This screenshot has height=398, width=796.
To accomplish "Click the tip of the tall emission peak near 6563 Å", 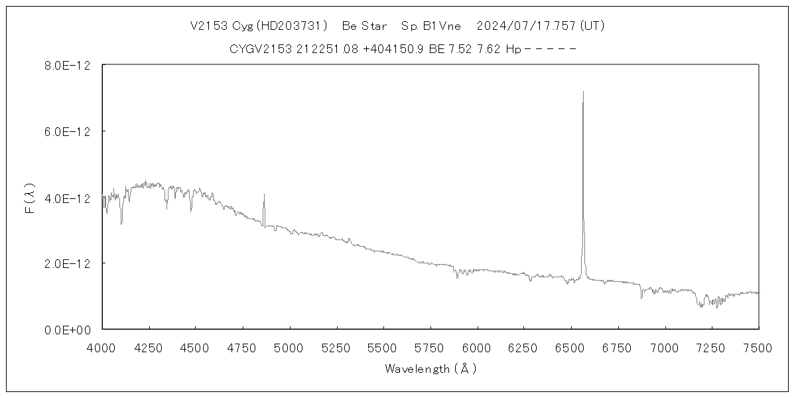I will click(x=583, y=92).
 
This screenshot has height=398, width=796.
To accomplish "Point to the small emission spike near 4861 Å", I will click(x=264, y=195).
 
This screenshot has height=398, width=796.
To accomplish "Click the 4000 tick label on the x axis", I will click(x=101, y=348).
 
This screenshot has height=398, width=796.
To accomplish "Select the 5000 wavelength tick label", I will click(x=289, y=348).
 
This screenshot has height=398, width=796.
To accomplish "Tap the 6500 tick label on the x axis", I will click(x=570, y=348).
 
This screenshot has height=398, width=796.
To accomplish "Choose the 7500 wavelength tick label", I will click(x=758, y=348).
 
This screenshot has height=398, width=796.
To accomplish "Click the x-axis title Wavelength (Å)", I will click(x=431, y=369).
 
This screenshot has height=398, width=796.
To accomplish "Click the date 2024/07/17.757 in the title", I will click(x=527, y=27).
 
